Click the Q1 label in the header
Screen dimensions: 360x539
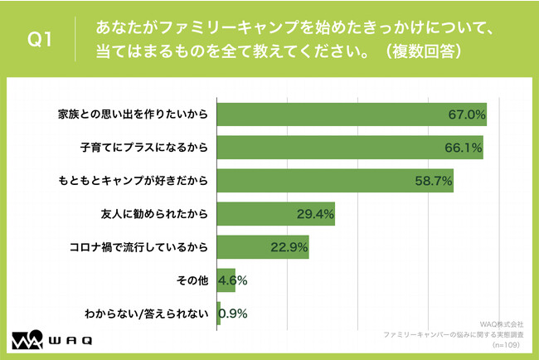(x=39, y=39)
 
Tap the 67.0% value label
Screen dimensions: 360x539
(x=466, y=114)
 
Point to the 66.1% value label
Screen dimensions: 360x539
(x=463, y=148)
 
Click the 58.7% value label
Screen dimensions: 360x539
(x=433, y=181)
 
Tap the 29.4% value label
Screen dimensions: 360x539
(x=315, y=214)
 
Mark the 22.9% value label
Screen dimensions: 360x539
(x=289, y=247)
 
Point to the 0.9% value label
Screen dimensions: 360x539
(x=232, y=314)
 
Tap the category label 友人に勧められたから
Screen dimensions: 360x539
(x=152, y=214)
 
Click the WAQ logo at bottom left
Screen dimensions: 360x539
(x=51, y=341)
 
